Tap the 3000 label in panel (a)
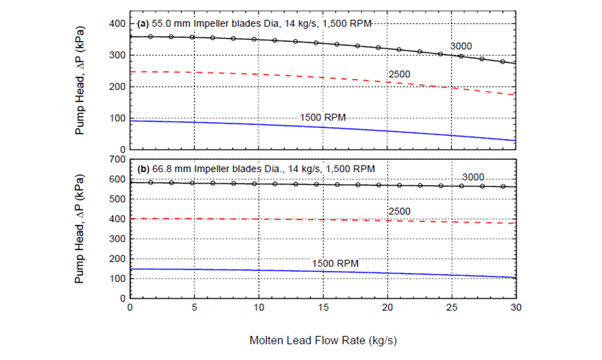tap(461, 46)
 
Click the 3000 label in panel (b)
tap(473, 177)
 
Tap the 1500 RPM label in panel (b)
tap(335, 263)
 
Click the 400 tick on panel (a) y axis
tap(115, 24)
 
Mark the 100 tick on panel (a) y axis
tap(115, 118)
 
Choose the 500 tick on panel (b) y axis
tap(115, 198)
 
